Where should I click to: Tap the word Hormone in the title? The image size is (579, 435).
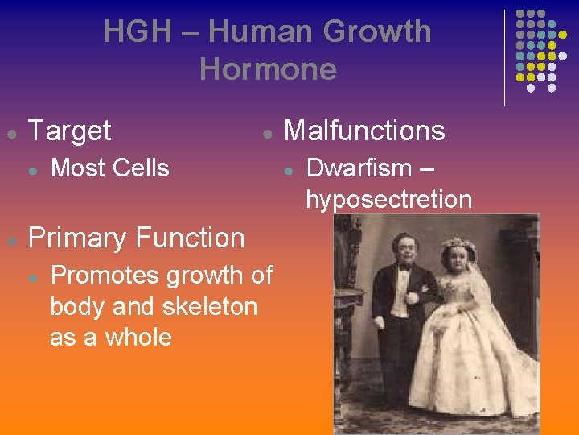(268, 69)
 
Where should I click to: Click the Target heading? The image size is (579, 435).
(70, 130)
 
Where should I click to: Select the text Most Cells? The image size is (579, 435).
(109, 168)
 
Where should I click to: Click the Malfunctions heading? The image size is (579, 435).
(364, 130)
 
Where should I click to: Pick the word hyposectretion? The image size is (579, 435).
(388, 200)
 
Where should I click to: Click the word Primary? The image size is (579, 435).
(78, 238)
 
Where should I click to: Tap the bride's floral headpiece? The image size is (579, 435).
(456, 242)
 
